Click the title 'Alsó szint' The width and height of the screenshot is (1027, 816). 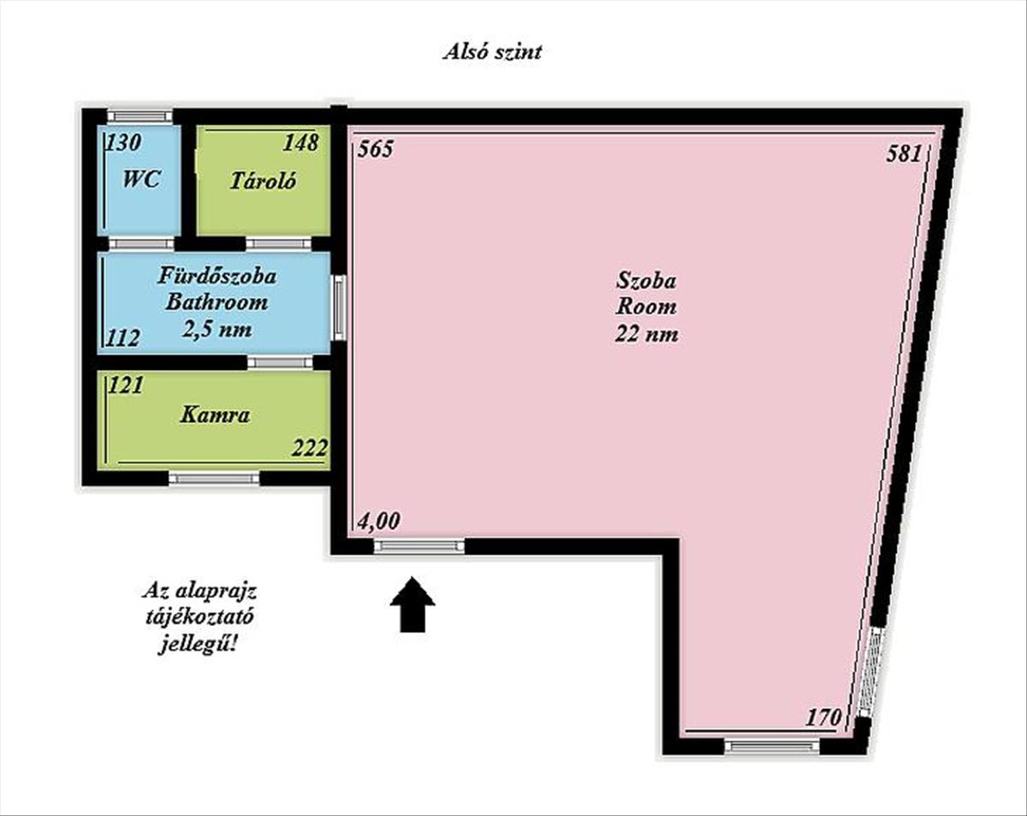coord(492,52)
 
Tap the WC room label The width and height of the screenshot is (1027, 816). coord(141,179)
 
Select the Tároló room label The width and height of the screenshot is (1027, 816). coord(264,181)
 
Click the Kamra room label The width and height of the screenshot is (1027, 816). coord(215,414)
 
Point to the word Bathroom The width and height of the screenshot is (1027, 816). coord(217,302)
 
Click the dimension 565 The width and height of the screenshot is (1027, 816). coord(376,149)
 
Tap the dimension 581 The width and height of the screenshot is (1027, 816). coord(904,154)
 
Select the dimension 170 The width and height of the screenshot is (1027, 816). coord(822,718)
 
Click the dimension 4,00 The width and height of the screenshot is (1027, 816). coord(378,521)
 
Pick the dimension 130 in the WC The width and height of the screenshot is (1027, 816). coord(123,142)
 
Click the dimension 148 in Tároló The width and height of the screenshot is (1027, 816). coord(300,142)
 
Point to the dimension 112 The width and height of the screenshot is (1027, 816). coord(122,338)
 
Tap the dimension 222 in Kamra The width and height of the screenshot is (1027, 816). coord(310,448)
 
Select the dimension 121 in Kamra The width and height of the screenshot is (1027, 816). coord(126,385)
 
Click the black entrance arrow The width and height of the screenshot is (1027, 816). coord(413,605)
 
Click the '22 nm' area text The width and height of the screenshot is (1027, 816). coord(647,334)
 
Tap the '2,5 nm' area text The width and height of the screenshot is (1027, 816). coord(217,329)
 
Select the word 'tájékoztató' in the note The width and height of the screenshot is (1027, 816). coord(199,617)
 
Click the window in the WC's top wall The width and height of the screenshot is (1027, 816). coord(140,116)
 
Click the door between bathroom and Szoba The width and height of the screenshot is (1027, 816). coord(338,308)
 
